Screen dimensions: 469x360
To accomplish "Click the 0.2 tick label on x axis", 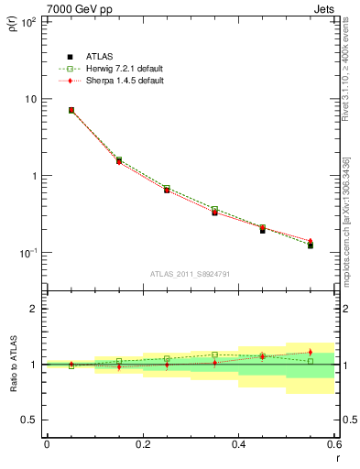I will point(142,444).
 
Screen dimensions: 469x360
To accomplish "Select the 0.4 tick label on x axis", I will point(238,444).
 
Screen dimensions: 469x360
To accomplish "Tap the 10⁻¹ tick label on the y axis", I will point(28,253).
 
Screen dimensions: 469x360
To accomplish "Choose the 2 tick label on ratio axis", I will point(34,309).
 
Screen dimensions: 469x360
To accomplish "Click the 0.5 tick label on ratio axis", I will point(30,420).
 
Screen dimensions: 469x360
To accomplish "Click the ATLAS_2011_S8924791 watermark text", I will point(189,273).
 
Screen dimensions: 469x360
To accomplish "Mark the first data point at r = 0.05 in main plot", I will point(71,110).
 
